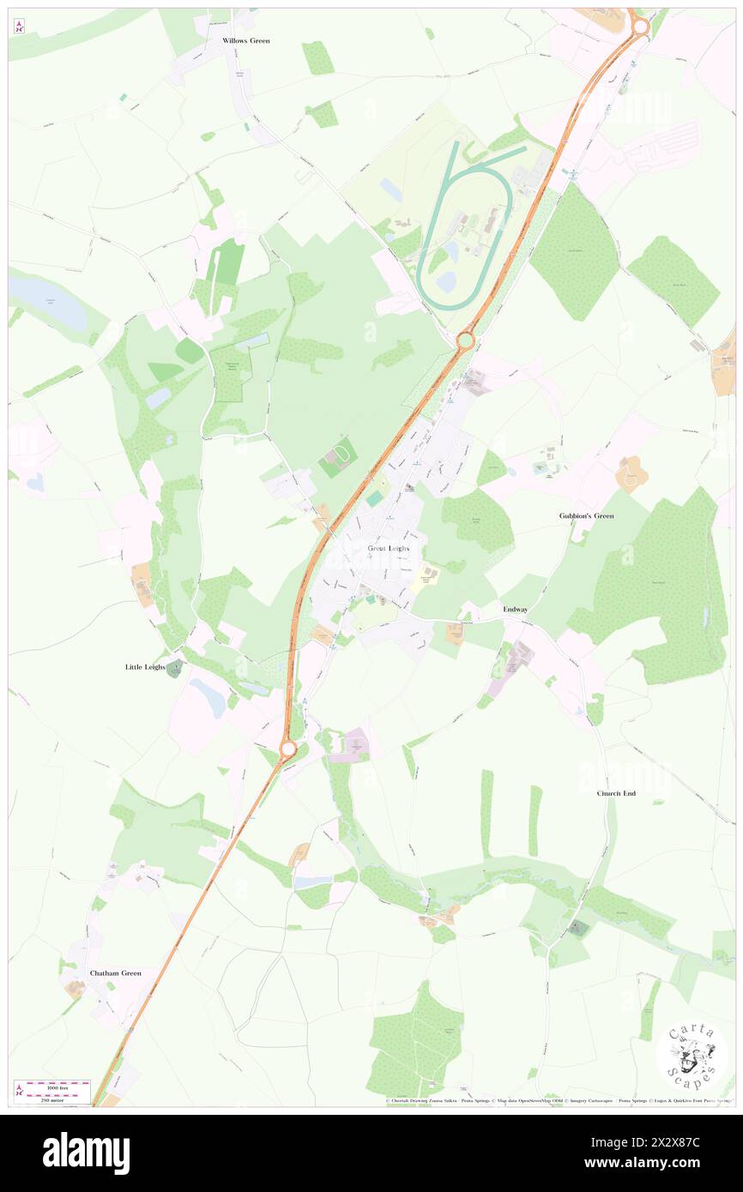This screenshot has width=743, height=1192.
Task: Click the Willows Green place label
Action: [245, 40]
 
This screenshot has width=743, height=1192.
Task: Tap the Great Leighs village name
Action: [389, 548]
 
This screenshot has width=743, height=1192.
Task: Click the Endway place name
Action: [515, 608]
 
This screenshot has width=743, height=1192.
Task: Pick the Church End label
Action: [616, 793]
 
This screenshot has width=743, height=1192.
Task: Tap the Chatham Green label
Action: [115, 973]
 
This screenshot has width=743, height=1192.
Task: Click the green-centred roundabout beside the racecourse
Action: [465, 341]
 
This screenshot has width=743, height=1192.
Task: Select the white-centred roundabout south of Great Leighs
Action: [287, 750]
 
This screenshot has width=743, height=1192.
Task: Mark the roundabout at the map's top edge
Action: [639, 27]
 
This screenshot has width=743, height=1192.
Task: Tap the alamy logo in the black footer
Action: [86, 1153]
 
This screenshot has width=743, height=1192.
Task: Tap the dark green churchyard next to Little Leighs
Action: [175, 669]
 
